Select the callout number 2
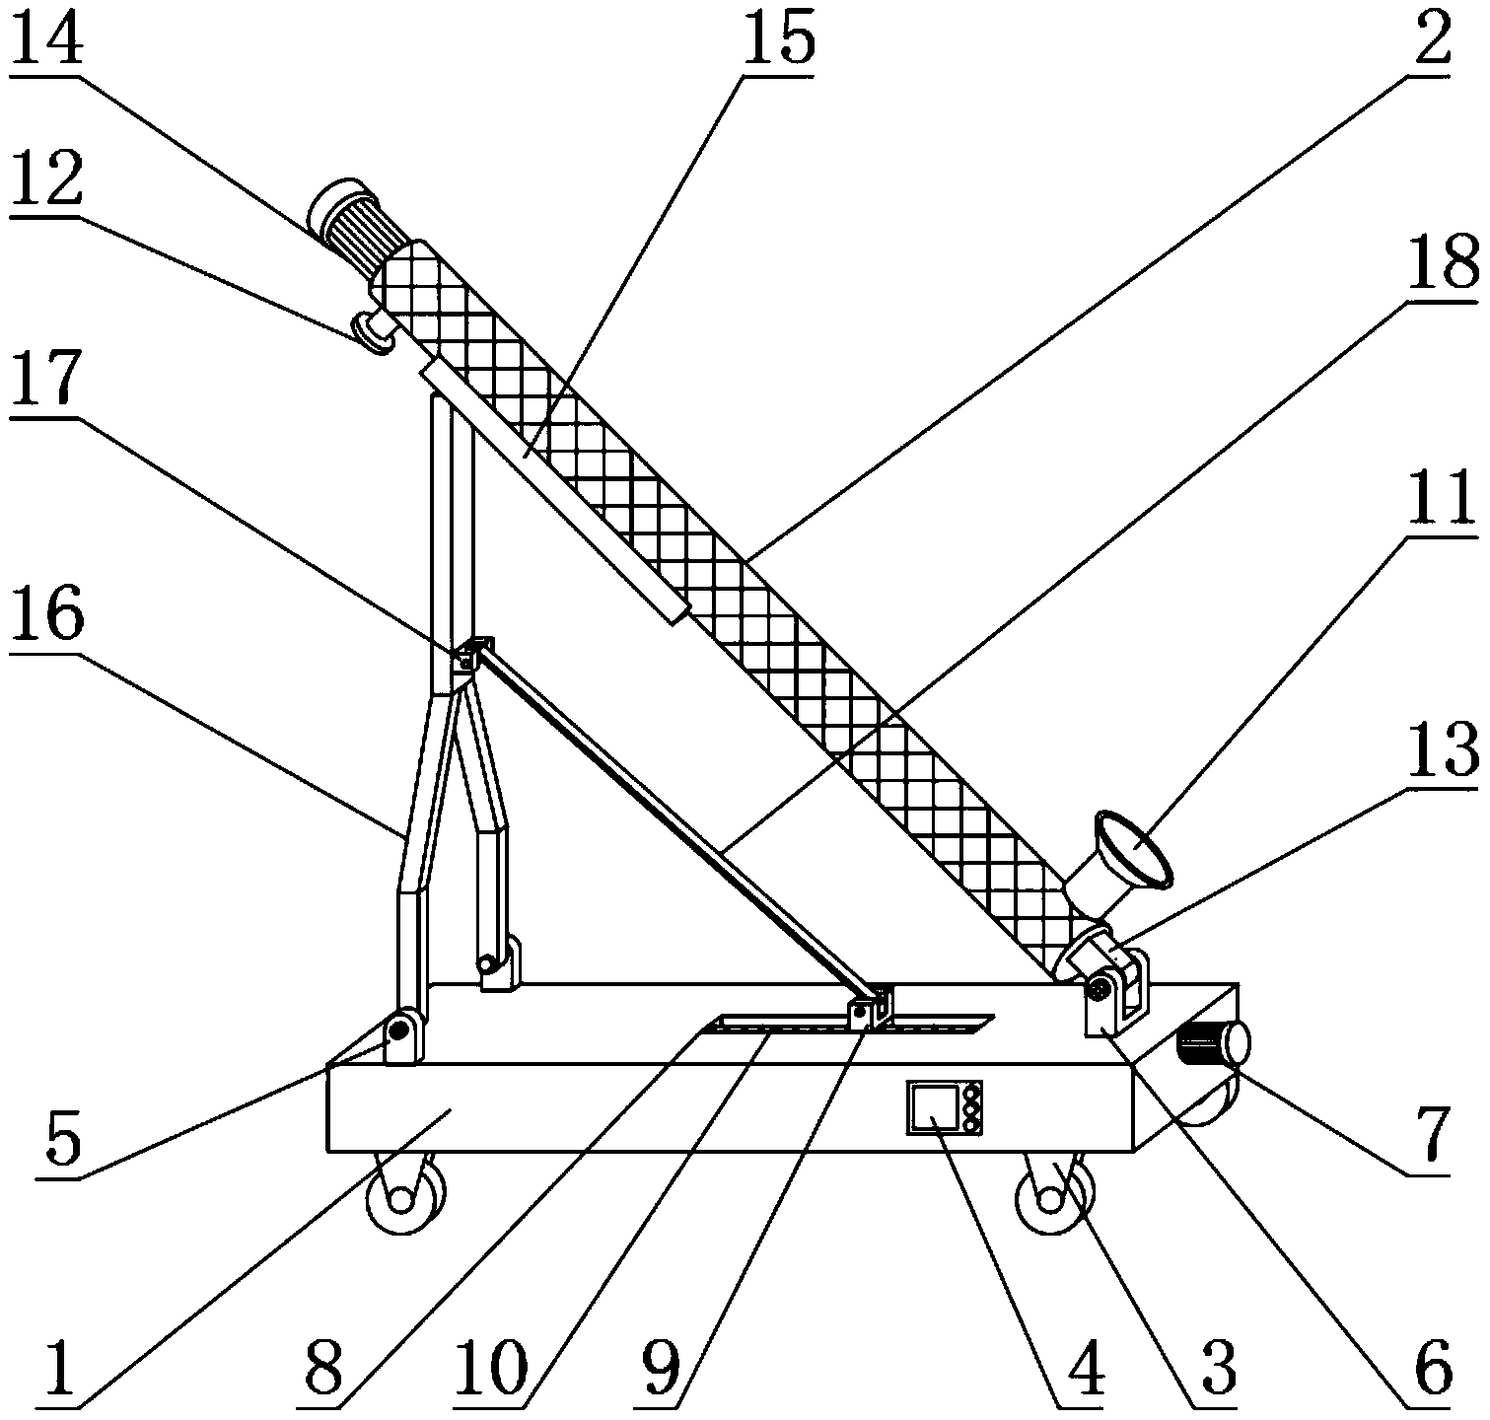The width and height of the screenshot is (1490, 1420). pos(1427,37)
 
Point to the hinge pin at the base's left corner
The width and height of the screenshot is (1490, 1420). pos(398,1031)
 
